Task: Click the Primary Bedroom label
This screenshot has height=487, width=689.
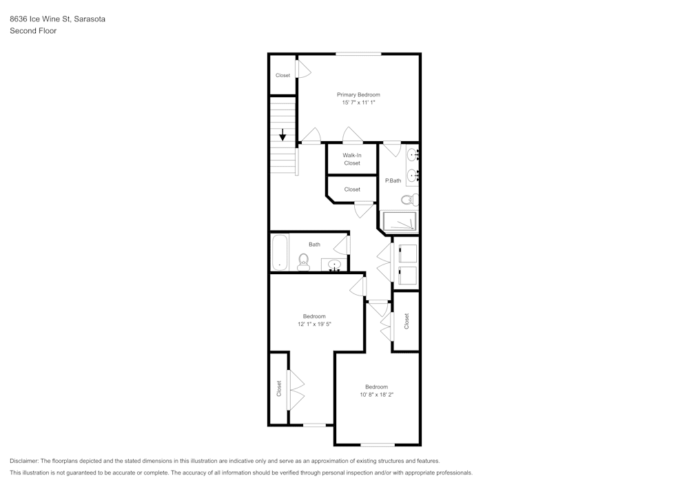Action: point(358,94)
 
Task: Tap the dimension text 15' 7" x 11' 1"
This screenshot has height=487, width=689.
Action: point(358,103)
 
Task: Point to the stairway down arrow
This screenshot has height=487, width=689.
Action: point(282,134)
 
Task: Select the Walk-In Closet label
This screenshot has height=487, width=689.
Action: point(351,159)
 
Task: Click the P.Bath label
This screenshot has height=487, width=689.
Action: point(393,180)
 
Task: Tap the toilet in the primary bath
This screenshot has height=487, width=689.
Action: point(408,200)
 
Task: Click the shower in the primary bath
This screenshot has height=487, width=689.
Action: point(400,222)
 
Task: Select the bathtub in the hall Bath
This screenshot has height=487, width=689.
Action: point(279,253)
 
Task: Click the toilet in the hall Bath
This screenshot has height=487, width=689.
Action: point(303,262)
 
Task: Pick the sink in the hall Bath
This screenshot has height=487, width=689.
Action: point(334,264)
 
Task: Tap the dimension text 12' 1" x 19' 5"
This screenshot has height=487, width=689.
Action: point(314,324)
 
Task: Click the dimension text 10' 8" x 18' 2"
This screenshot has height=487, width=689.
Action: point(376,395)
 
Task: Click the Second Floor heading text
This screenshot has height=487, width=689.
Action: point(33,31)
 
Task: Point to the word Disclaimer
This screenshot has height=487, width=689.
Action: point(24,461)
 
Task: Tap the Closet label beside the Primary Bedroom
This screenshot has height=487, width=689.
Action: point(282,75)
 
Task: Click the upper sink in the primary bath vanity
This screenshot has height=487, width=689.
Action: point(412,154)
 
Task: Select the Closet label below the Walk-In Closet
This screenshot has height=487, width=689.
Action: point(351,189)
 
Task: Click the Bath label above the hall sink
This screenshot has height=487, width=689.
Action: point(314,245)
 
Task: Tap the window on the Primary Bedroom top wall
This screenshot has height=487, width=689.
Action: point(358,54)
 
